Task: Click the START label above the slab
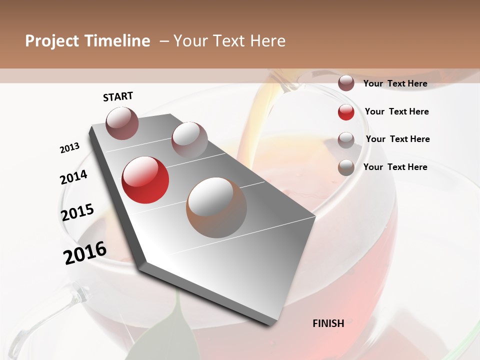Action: (118, 96)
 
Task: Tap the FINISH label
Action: (328, 323)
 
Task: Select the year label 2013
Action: (70, 148)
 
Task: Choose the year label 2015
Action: (77, 212)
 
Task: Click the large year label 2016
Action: (85, 253)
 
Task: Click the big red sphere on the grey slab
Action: (145, 180)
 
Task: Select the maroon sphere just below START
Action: (122, 123)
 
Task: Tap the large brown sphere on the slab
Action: (216, 207)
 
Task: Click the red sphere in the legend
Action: (346, 112)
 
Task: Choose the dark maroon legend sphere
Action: (346, 83)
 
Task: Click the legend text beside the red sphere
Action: (396, 111)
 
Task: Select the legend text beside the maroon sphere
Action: (395, 83)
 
